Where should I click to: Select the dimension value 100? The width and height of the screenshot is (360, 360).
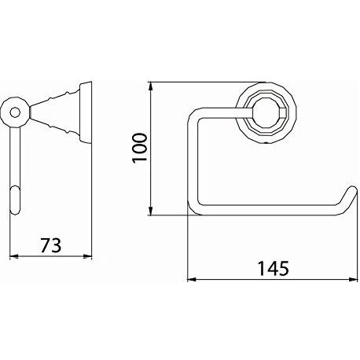pyautogui.click(x=141, y=147)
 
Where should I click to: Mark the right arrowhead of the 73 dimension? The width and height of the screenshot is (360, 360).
pyautogui.click(x=90, y=255)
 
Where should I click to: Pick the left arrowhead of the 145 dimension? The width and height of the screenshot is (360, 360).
pyautogui.click(x=189, y=278)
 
